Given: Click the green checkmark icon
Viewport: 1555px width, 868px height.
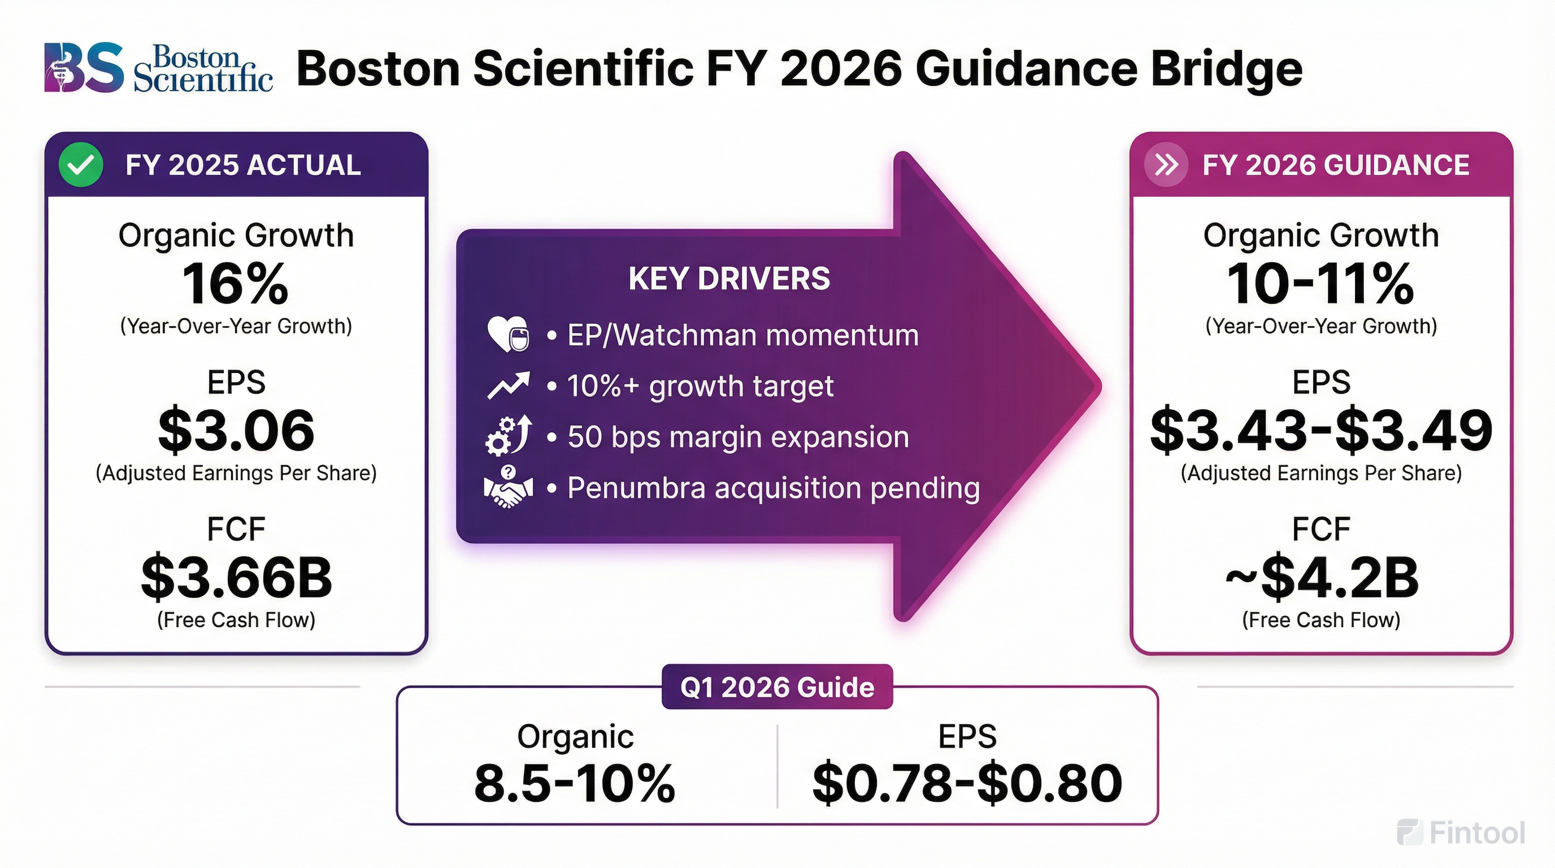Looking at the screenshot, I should (81, 165).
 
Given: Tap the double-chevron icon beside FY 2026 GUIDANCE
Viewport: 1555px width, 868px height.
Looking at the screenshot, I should (1166, 165).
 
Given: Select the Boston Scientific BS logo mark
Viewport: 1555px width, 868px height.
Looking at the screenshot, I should (83, 68).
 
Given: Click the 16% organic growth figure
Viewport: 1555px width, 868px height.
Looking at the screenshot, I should (236, 284).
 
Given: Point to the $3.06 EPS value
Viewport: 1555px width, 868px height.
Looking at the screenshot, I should (236, 431).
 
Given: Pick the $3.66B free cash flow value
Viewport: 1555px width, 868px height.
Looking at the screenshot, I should (236, 578).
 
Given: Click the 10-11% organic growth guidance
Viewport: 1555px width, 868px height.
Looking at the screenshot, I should (1321, 284).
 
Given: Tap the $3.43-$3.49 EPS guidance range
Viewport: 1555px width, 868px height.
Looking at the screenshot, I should (1321, 431).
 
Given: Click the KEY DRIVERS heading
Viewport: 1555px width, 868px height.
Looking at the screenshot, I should (729, 279).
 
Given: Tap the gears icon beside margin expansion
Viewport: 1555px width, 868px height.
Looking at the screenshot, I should (509, 435).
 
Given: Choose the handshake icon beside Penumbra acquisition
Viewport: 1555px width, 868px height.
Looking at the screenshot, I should (509, 487).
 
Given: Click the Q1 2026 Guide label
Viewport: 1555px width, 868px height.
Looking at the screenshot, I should (777, 687).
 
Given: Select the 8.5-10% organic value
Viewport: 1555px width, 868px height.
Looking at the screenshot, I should (575, 783).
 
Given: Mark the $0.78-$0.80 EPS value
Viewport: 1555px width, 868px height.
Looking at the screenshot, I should (967, 783).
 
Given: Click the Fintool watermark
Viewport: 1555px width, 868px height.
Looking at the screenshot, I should (1461, 833).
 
